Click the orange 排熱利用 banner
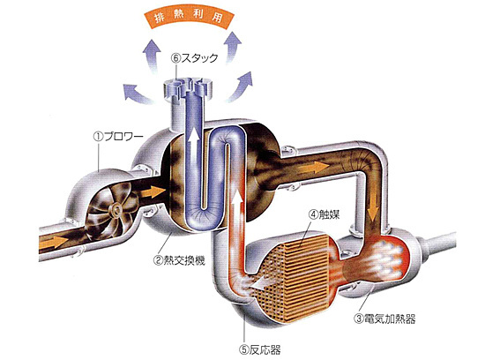click(x=190, y=16)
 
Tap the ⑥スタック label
click(x=195, y=58)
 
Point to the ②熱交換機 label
click(x=179, y=260)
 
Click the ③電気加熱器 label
click(x=384, y=319)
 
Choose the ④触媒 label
click(x=324, y=214)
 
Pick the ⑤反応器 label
click(x=260, y=349)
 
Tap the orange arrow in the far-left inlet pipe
click(x=54, y=241)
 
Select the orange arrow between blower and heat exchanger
click(x=153, y=191)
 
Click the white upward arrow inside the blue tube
click(x=194, y=145)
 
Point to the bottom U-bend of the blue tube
click(x=203, y=217)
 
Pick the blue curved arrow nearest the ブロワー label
click(x=136, y=93)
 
